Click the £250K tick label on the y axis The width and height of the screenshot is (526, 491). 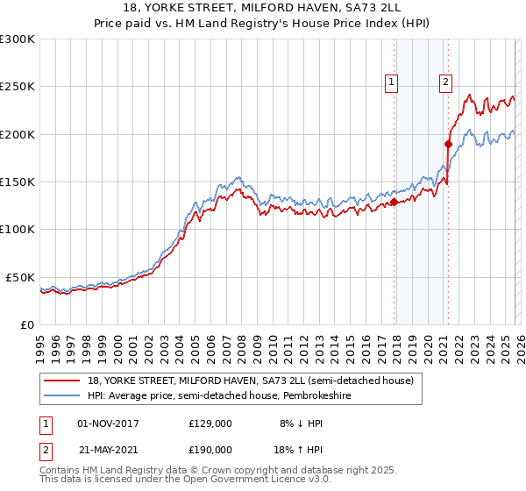[18, 87]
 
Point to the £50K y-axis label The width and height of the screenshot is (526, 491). [20, 277]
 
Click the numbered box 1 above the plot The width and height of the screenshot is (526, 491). [390, 83]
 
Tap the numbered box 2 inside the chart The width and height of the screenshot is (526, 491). [445, 83]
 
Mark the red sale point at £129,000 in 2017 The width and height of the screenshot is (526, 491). [394, 202]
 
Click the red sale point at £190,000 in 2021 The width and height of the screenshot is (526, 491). [448, 144]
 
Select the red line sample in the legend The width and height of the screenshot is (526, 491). [62, 381]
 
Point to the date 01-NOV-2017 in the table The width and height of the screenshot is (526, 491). [108, 423]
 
